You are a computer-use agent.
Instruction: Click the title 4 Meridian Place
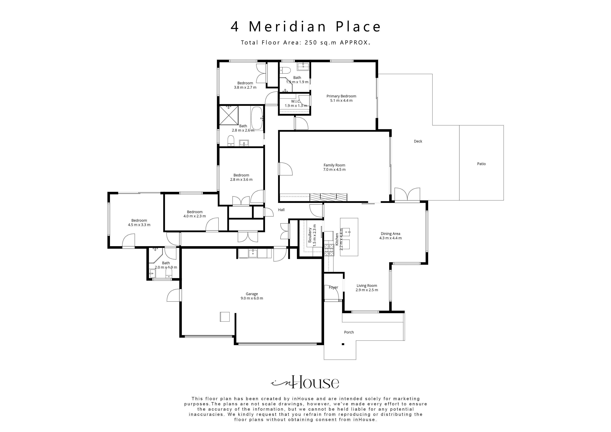[305, 27]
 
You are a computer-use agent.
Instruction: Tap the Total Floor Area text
[305, 43]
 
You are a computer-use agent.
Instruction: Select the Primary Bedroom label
[341, 96]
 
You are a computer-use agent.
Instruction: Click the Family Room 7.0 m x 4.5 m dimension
[334, 169]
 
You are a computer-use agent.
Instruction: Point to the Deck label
[418, 141]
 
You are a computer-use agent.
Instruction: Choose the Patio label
[481, 164]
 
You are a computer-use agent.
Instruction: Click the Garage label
[252, 294]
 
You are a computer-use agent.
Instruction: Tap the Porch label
[349, 332]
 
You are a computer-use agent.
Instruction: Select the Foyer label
[333, 287]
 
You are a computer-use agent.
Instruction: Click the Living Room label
[367, 286]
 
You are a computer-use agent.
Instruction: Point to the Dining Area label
[390, 234]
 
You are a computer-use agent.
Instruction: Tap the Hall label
[281, 210]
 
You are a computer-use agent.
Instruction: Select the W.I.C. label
[295, 101]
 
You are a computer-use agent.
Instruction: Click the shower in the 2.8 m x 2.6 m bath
[229, 115]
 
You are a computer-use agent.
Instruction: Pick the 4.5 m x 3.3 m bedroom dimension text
[139, 225]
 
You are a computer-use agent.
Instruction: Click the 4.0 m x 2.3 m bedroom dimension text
[195, 216]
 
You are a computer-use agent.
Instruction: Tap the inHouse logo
[305, 383]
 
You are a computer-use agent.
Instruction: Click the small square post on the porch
[343, 344]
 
